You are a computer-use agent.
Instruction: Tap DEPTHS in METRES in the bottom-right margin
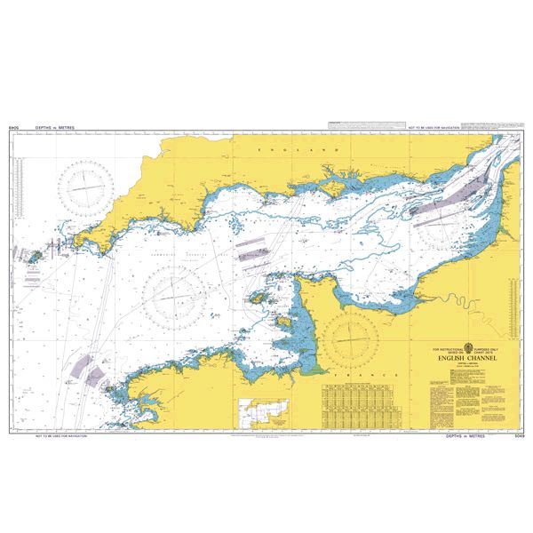[466, 435]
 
